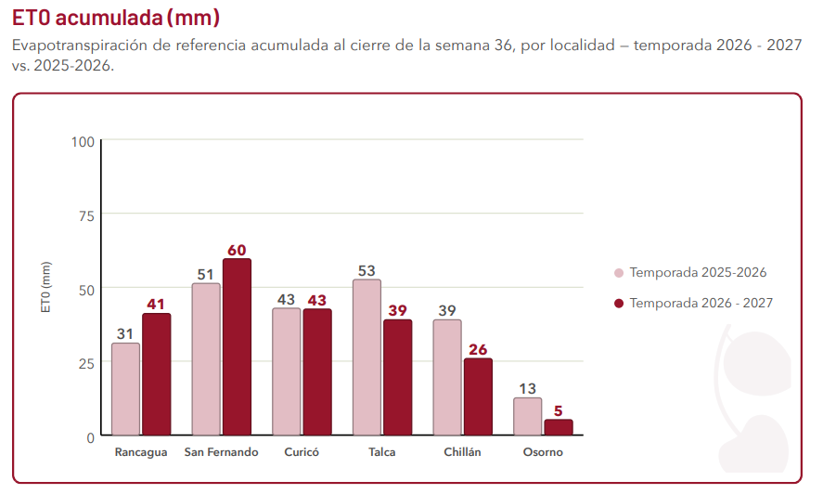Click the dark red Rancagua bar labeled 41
click(x=157, y=374)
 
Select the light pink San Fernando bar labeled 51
click(x=206, y=359)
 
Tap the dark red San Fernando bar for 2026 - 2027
click(x=237, y=347)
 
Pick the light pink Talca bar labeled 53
click(x=366, y=357)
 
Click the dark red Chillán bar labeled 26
click(x=478, y=396)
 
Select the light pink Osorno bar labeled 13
click(x=528, y=417)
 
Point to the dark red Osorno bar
click(x=559, y=427)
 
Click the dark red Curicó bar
click(x=317, y=372)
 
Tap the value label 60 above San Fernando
click(x=237, y=250)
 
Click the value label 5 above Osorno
click(x=558, y=410)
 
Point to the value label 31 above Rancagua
click(x=125, y=333)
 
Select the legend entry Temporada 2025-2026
click(x=690, y=272)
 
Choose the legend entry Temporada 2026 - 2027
click(x=693, y=303)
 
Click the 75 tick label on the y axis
click(x=86, y=216)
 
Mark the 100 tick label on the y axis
click(x=83, y=142)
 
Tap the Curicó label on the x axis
click(x=302, y=452)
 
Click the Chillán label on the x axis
click(x=462, y=452)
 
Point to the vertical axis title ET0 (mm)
click(x=46, y=287)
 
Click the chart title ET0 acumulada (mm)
click(x=116, y=18)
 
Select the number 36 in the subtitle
click(x=503, y=45)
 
